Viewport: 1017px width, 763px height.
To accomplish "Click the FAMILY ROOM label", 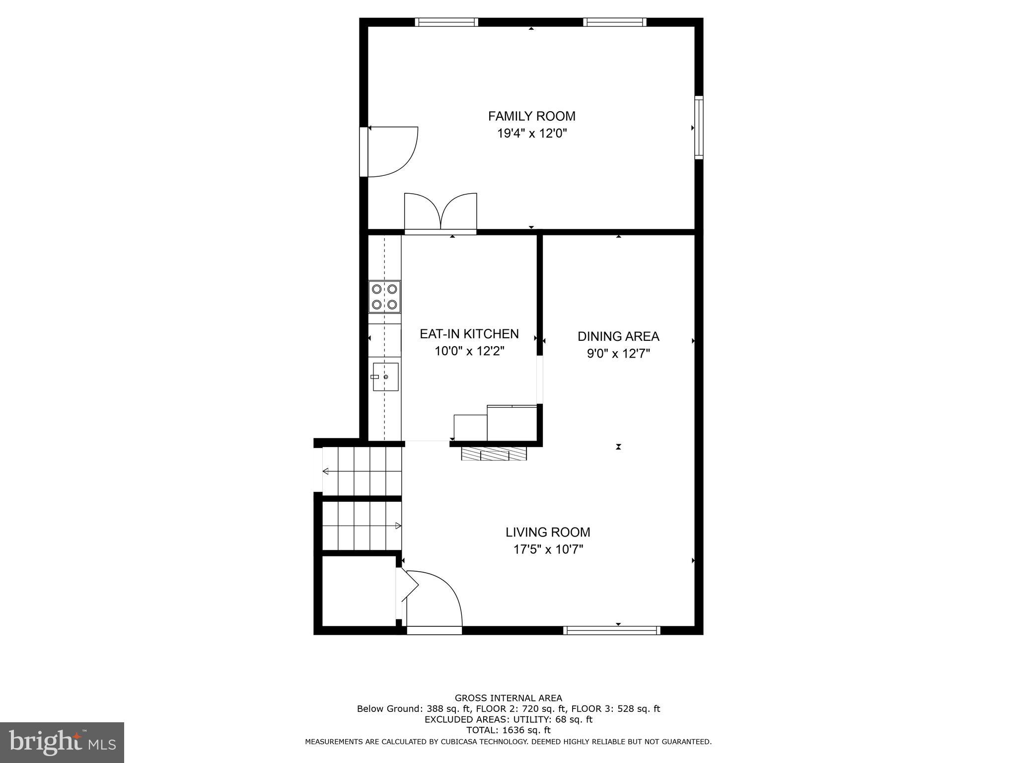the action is (x=532, y=116).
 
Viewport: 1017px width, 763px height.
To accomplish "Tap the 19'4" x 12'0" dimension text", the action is (x=532, y=134).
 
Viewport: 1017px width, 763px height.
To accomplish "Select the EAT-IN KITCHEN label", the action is (x=469, y=334).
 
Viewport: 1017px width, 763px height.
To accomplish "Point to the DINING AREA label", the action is (x=618, y=336).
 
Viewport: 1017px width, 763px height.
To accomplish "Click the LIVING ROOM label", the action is (x=548, y=532).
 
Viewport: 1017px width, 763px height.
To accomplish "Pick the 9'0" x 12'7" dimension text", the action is (x=618, y=354).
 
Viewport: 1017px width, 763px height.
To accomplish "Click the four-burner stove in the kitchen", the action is (x=384, y=297).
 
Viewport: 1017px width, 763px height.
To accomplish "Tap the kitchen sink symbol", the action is (x=385, y=377).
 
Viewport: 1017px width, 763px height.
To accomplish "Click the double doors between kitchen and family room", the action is (x=440, y=214).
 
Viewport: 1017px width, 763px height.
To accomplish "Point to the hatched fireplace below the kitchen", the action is (x=494, y=454).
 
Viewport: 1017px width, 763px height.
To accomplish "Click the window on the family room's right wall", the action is (x=699, y=127).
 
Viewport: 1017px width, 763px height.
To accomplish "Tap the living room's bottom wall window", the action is (x=612, y=630).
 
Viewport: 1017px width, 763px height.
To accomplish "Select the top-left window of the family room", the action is (x=446, y=22).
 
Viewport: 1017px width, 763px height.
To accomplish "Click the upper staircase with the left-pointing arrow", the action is (x=362, y=471).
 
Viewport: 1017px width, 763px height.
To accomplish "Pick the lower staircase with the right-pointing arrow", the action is (x=362, y=526).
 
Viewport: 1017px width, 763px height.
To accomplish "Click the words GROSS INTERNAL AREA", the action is (x=508, y=698).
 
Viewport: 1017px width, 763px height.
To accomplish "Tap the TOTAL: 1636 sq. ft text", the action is (x=508, y=730).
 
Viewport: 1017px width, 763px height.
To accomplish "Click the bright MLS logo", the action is (x=62, y=742).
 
